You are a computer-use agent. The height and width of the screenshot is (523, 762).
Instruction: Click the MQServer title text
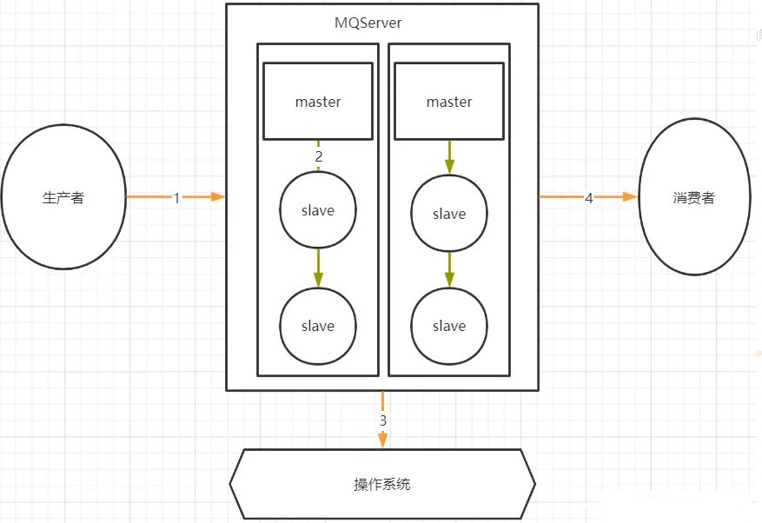coord(368,23)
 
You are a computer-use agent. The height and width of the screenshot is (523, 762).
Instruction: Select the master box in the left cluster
coord(318,102)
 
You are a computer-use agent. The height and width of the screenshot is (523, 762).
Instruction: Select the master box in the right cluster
coord(449,102)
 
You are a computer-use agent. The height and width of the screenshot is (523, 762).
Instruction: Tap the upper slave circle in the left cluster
coord(318,210)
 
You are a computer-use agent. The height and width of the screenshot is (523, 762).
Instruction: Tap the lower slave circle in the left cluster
coord(318,326)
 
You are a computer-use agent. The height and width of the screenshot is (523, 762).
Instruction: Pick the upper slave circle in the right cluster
coord(449,214)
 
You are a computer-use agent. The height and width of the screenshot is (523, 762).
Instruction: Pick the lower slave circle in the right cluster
coord(449,326)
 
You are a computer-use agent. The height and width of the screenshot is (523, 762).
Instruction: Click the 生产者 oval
coord(63,198)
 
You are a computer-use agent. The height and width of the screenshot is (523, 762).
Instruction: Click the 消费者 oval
coord(693,198)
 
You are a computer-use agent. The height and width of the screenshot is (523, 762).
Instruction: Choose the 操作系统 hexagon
coord(382,484)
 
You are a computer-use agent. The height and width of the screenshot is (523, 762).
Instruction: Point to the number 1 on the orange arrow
coord(176,198)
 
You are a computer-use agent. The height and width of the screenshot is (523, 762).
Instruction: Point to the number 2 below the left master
coord(319,156)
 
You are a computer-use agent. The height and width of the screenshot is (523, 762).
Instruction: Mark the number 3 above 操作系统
coord(383,420)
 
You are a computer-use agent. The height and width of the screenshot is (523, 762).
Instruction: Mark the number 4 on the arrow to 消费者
coord(589,198)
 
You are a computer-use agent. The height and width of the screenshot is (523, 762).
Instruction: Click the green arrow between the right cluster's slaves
coord(449,269)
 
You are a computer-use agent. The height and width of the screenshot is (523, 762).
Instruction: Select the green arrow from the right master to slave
coord(449,157)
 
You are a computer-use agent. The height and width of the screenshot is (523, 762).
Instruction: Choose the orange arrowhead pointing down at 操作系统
coord(382,441)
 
